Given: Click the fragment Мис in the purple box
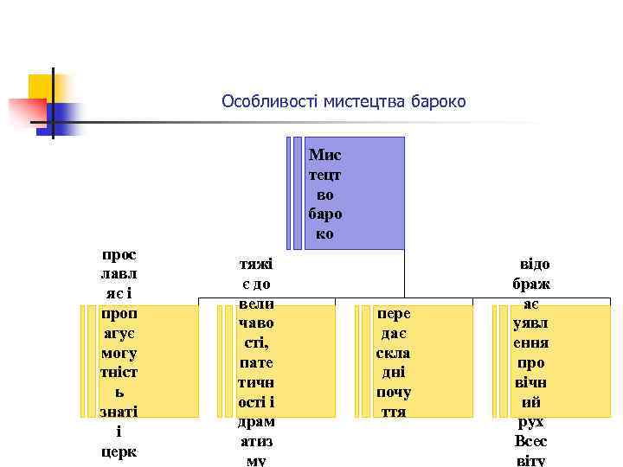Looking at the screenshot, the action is click(325, 156).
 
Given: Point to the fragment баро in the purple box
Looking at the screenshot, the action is click(325, 214).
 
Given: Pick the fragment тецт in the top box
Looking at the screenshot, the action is click(325, 176).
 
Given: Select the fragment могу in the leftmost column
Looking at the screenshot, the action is click(119, 354).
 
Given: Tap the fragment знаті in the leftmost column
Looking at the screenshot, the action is click(119, 413).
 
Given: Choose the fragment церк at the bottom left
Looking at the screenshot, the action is click(119, 451).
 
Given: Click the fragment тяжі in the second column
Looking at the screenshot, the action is click(256, 265).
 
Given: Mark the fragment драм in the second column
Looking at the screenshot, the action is click(256, 422).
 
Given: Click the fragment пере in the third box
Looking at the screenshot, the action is click(394, 314).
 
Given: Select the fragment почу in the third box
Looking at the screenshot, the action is click(394, 393).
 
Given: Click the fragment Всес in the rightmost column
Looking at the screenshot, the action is click(531, 442).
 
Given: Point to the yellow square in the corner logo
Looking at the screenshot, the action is click(41, 87).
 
